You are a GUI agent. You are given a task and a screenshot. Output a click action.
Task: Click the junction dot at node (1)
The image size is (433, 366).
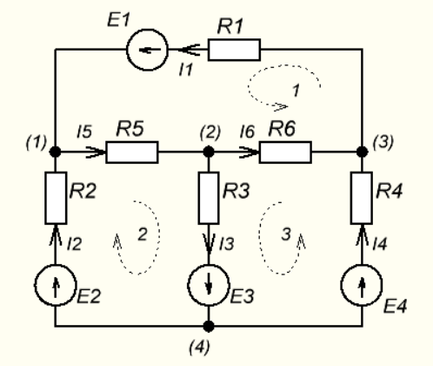[56, 152]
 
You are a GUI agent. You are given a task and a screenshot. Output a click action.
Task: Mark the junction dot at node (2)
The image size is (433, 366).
[209, 152]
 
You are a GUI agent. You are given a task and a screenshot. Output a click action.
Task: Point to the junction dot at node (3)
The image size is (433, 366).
[362, 152]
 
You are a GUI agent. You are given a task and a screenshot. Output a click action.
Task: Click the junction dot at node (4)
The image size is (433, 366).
[209, 326]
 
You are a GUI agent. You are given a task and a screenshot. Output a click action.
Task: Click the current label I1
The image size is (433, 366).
[186, 70]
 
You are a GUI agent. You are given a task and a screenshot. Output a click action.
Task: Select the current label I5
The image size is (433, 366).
[84, 132]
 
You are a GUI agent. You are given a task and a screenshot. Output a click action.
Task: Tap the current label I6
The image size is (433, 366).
[247, 132]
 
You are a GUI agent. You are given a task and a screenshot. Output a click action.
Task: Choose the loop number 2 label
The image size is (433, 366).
[143, 234]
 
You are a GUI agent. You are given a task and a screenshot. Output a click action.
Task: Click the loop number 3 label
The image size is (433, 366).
[286, 234]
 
